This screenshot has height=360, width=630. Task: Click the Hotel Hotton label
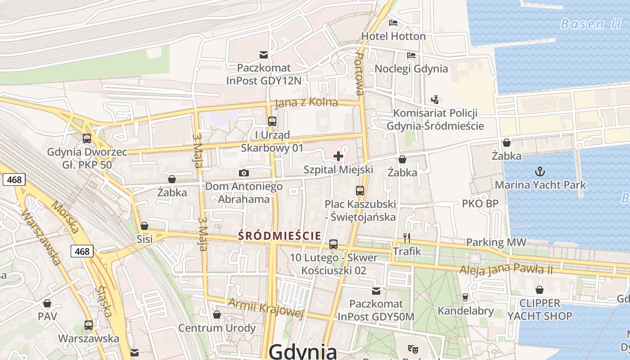point(393,36)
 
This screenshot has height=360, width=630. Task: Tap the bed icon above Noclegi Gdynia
point(411,55)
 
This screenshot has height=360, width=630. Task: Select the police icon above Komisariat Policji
point(435,99)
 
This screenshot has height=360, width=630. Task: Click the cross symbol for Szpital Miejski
point(338,156)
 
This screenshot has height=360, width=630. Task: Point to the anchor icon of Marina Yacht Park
point(539,171)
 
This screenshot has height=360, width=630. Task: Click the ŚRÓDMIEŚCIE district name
point(279,235)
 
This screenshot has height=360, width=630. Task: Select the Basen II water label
point(590,24)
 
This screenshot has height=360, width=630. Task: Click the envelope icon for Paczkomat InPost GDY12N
point(264,55)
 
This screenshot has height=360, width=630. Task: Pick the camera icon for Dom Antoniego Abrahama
point(243,173)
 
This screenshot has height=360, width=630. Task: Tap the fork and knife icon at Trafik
point(407,238)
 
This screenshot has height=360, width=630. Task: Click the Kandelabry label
point(466,310)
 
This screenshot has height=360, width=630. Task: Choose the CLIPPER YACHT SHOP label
point(540,310)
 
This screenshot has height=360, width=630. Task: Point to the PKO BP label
point(480,203)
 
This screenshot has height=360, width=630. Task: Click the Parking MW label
point(496,242)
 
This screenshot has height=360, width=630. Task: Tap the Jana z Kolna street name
point(306,103)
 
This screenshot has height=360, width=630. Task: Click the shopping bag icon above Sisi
point(144,226)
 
